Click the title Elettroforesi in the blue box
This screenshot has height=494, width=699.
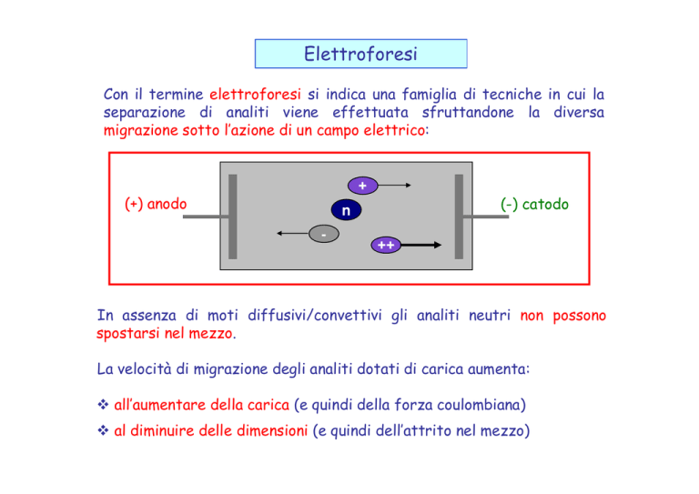coord(360,54)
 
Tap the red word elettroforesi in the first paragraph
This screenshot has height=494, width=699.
coord(255,95)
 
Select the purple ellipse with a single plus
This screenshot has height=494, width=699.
coord(362,186)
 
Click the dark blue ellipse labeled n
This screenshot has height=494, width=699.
coord(346,210)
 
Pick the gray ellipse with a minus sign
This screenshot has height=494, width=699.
coord(324,234)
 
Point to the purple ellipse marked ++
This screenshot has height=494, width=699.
coord(386,245)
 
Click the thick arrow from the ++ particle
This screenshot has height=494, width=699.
coord(421,245)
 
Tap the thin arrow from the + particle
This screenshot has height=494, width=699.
coord(394,185)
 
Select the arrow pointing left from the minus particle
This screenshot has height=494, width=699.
coord(292,233)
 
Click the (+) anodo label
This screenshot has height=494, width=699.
coord(156,204)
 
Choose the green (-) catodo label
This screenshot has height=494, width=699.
coord(534,205)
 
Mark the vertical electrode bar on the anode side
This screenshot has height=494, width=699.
coord(233,217)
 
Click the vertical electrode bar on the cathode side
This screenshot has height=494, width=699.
coord(459,217)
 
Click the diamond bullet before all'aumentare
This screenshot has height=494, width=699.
coord(103,405)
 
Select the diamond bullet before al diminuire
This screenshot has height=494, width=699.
coord(103,430)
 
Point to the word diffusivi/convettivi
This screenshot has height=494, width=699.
coord(315,316)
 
